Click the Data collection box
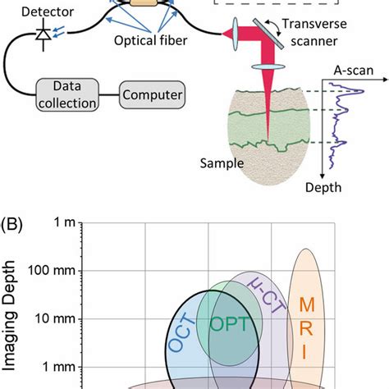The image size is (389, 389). tap(66, 94)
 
